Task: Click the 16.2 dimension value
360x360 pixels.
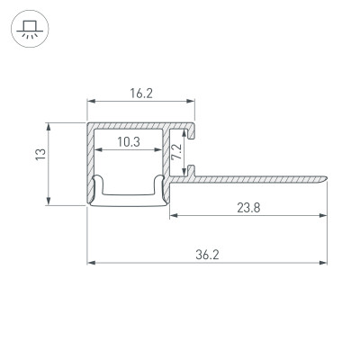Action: click(140, 91)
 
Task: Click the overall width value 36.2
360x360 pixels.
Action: click(206, 255)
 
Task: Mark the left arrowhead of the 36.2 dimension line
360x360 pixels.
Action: click(91, 264)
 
